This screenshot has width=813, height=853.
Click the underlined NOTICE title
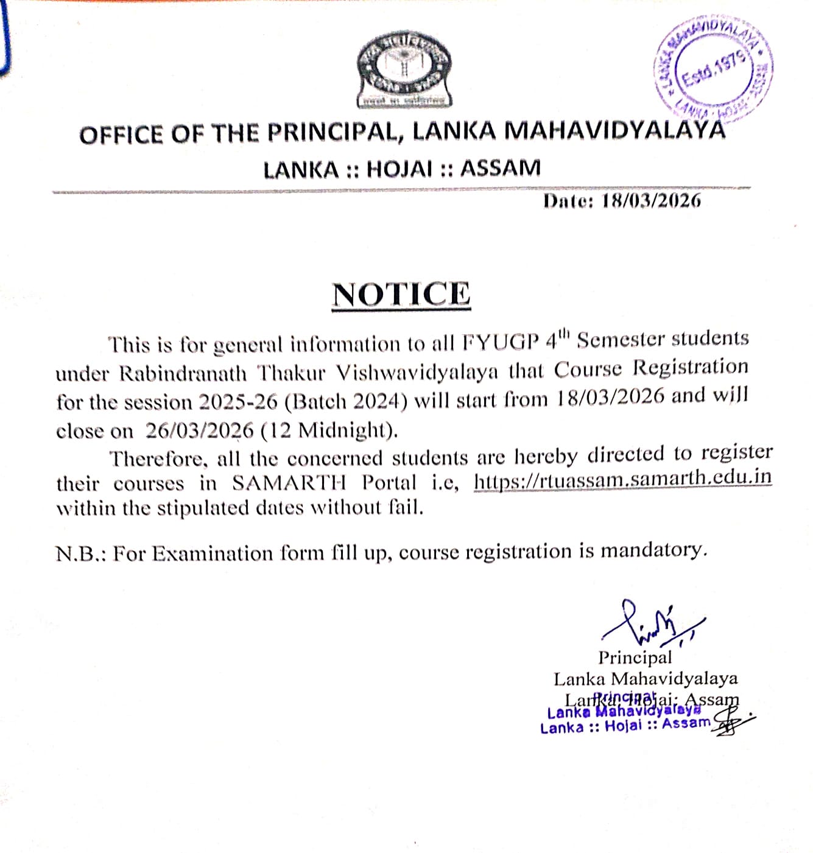coord(401,295)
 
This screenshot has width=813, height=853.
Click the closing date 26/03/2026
coord(199,431)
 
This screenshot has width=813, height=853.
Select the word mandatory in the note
coord(653,550)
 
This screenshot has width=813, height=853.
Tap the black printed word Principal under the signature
coord(635,658)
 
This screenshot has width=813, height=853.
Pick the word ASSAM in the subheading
coord(500,168)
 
